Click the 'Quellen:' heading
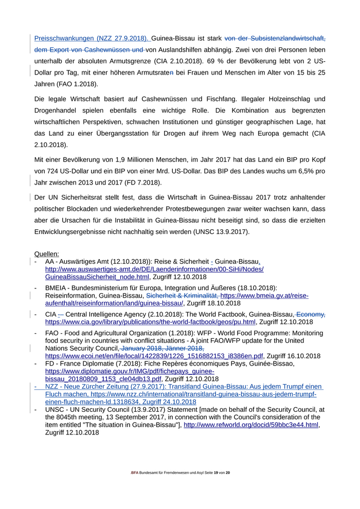pos(46,254)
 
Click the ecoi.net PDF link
pos(154,356)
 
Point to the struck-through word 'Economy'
pos(312,315)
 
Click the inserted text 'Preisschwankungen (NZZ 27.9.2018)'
pos(92,38)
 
